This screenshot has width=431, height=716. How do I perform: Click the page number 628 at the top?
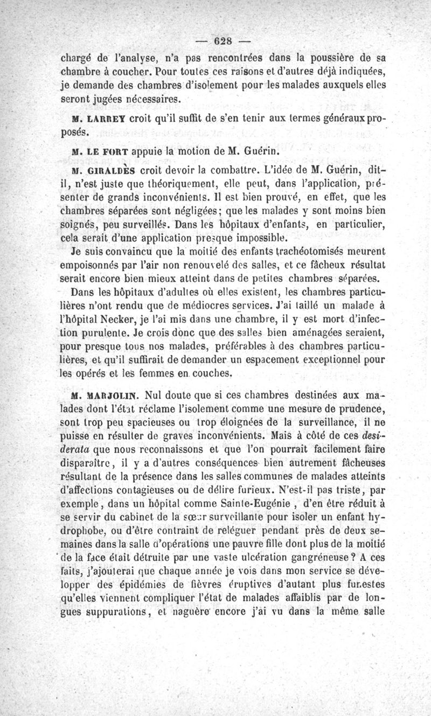(222, 41)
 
